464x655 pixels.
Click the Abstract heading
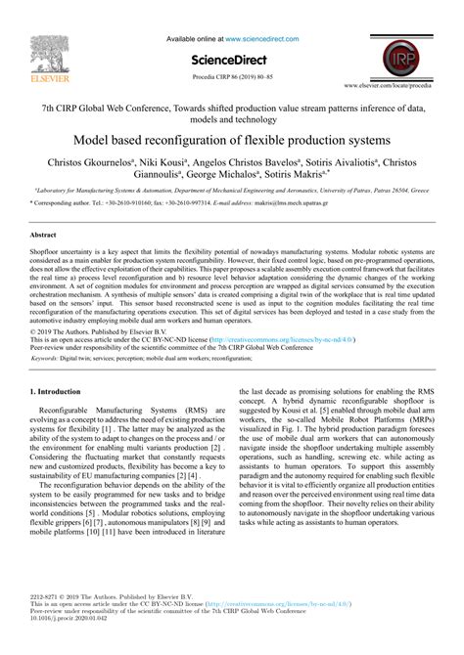point(43,236)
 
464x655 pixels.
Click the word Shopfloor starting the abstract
point(48,252)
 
